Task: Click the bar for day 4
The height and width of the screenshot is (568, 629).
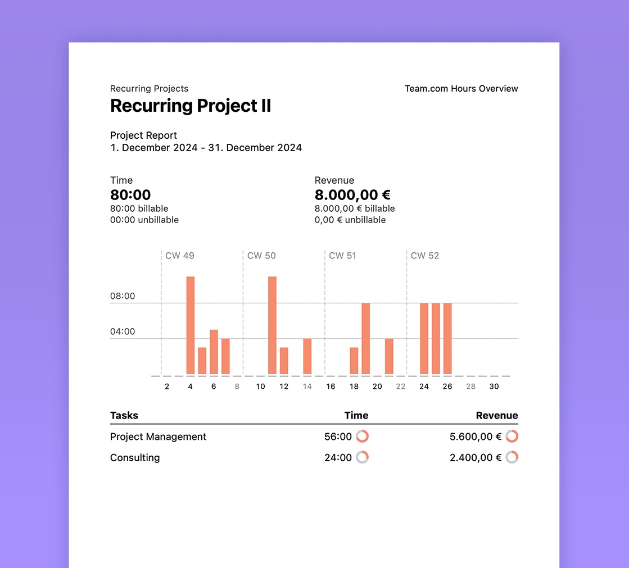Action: coord(191,325)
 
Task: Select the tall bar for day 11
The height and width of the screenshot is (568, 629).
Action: coord(272,325)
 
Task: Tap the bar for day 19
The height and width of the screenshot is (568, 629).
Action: coord(365,339)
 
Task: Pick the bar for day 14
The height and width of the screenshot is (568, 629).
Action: coord(307,356)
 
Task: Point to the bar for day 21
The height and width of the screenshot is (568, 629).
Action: coord(389,356)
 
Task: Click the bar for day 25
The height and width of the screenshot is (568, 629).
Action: coord(436,339)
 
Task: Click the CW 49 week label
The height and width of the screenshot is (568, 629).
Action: coord(179,256)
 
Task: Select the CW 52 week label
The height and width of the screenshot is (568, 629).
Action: coord(425,256)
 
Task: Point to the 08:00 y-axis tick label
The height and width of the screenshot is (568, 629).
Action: coord(123,296)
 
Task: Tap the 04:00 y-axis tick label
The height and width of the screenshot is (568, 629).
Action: coord(123,331)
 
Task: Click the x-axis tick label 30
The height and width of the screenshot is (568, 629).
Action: coord(494,387)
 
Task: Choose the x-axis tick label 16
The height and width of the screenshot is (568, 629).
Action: coord(331,387)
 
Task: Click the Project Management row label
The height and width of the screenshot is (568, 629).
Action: coord(158,437)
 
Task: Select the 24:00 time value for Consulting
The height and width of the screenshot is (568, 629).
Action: coord(338,458)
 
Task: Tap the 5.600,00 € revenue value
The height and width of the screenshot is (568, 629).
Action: coord(475,437)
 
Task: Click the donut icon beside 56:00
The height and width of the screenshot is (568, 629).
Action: coord(363,437)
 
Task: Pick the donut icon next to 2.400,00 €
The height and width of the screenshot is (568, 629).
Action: coord(512,457)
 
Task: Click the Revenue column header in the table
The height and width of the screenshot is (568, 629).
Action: coord(497,416)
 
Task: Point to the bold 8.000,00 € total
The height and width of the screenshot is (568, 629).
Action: coord(352,195)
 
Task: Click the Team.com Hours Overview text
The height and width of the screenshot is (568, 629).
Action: coord(461,89)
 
